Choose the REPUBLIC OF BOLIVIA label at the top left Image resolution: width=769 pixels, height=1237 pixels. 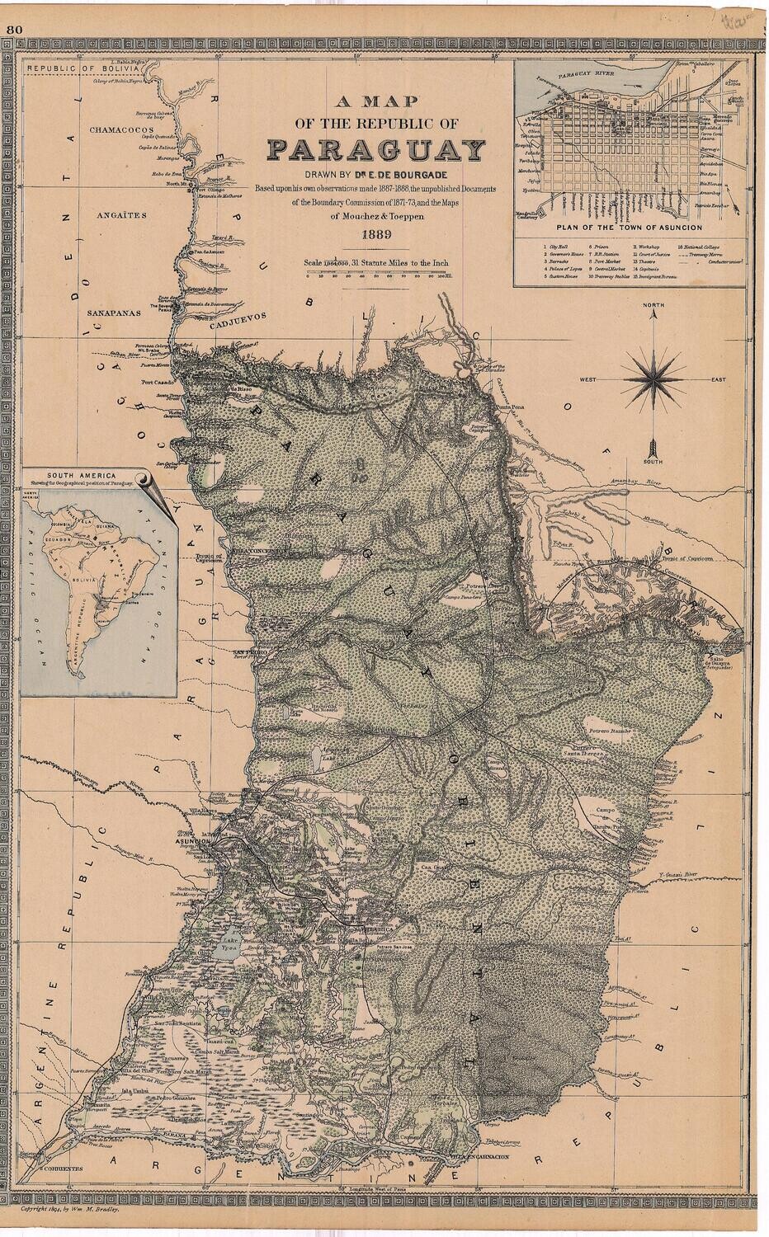pos(66,68)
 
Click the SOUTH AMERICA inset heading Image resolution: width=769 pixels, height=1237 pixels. pos(79,476)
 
